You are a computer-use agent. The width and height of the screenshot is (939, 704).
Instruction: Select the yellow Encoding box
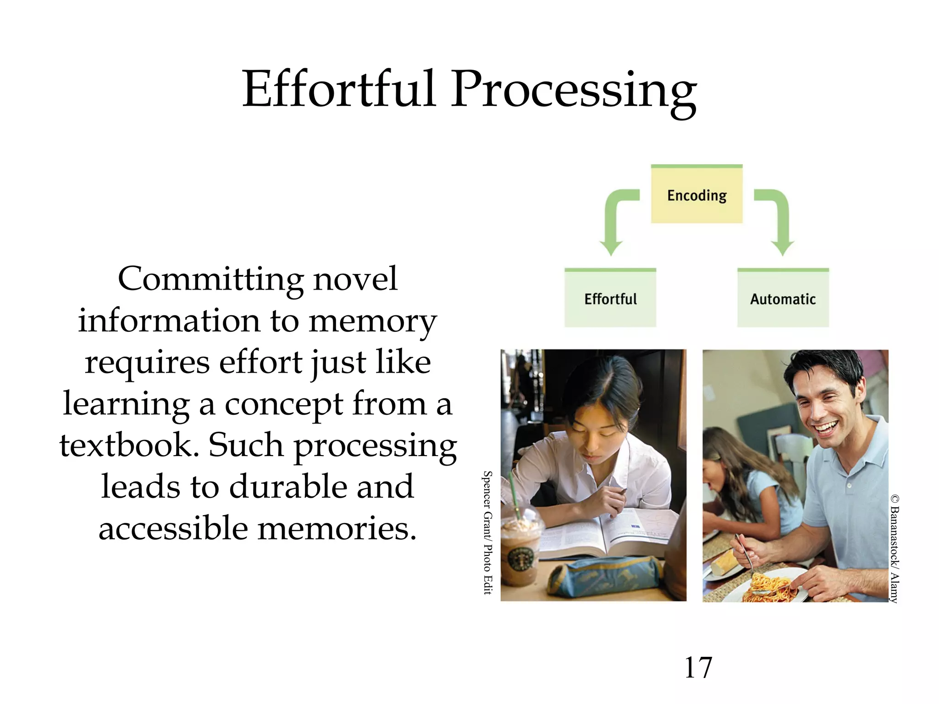[696, 195]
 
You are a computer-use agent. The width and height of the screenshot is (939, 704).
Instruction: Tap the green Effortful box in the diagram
[610, 298]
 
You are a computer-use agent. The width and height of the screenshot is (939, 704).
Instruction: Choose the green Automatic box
[783, 298]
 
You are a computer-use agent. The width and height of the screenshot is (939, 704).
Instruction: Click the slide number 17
[698, 667]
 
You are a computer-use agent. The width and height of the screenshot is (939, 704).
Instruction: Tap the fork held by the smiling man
[745, 557]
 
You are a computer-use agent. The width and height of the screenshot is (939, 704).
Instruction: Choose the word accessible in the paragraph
[173, 528]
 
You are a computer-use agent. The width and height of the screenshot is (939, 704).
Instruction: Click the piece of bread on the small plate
[724, 561]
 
